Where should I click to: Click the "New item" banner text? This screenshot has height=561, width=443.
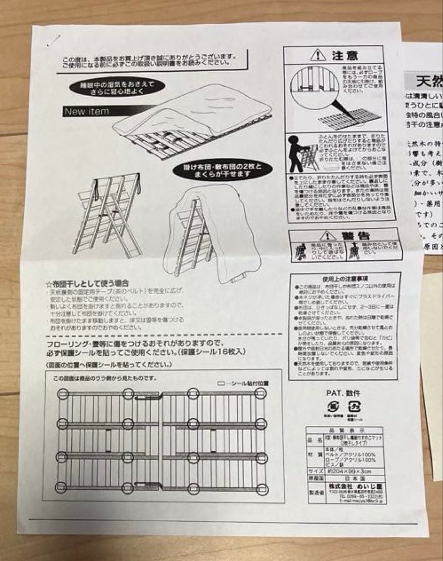[86, 111]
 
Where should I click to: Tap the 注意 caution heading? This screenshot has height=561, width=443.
[344, 55]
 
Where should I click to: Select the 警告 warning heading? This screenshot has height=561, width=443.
[357, 235]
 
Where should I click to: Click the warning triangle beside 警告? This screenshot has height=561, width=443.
[327, 235]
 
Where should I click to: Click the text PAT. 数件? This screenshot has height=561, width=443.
[343, 393]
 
